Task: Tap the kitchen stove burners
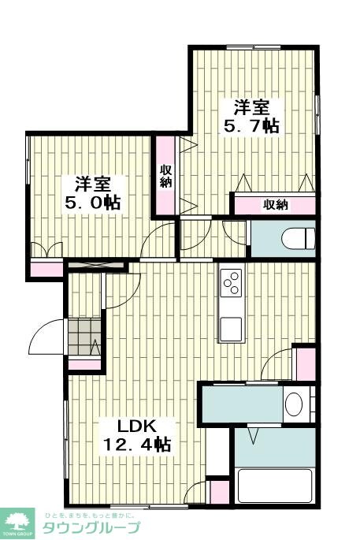[232, 281]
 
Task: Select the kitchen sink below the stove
[232, 327]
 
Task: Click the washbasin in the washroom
[293, 405]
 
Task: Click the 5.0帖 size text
[93, 202]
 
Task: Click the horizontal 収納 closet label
[275, 205]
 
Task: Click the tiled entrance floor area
[84, 338]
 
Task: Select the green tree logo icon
[19, 520]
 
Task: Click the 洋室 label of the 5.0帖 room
[93, 183]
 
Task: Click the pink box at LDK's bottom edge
[220, 492]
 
